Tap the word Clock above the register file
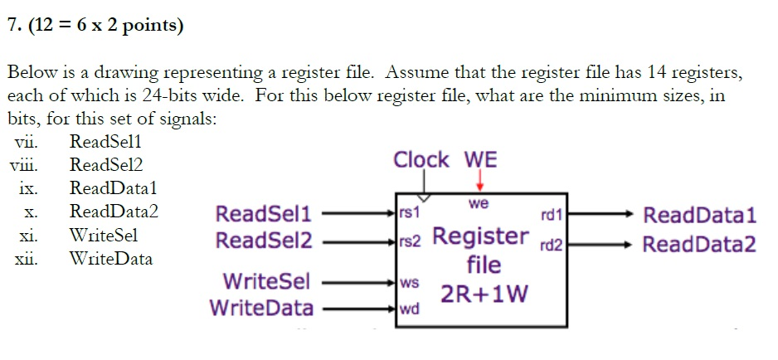coord(421,159)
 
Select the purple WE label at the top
coord(480,159)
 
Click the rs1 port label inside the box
coord(410,212)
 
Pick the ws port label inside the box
coord(410,283)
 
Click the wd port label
coord(410,310)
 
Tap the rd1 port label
coord(551,216)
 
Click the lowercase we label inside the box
coord(479,203)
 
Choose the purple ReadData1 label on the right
coord(700,216)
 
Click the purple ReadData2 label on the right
coord(700,245)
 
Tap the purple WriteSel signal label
coord(266,281)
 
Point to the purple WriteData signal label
coord(261,309)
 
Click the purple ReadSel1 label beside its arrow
coord(263,215)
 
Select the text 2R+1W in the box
coord(484,294)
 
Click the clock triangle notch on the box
coord(425,198)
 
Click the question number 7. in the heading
coord(13,26)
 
